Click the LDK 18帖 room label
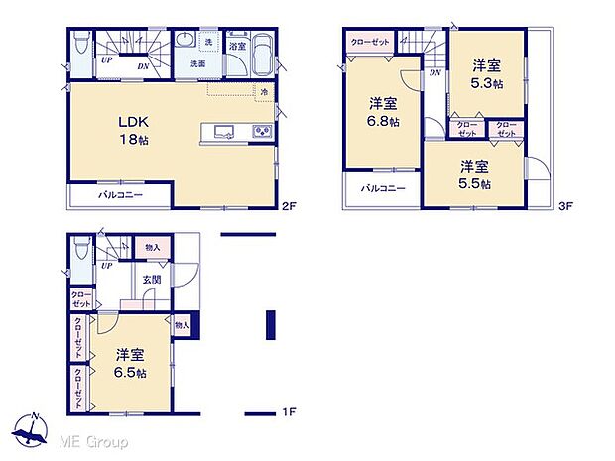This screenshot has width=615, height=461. pyautogui.click(x=137, y=129)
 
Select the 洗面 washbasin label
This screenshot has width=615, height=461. pyautogui.click(x=198, y=64)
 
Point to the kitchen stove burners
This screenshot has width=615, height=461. pyautogui.click(x=261, y=131)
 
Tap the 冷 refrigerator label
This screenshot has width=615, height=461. pyautogui.click(x=265, y=92)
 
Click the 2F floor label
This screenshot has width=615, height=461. pyautogui.click(x=289, y=206)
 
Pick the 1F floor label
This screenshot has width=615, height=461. pyautogui.click(x=289, y=410)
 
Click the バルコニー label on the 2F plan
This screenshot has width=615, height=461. pyautogui.click(x=120, y=195)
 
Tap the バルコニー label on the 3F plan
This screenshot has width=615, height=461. pyautogui.click(x=382, y=188)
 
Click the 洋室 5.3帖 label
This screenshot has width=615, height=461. pyautogui.click(x=486, y=75)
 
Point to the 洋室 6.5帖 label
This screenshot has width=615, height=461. pyautogui.click(x=130, y=363)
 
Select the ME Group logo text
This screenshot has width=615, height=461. pyautogui.click(x=95, y=440)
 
